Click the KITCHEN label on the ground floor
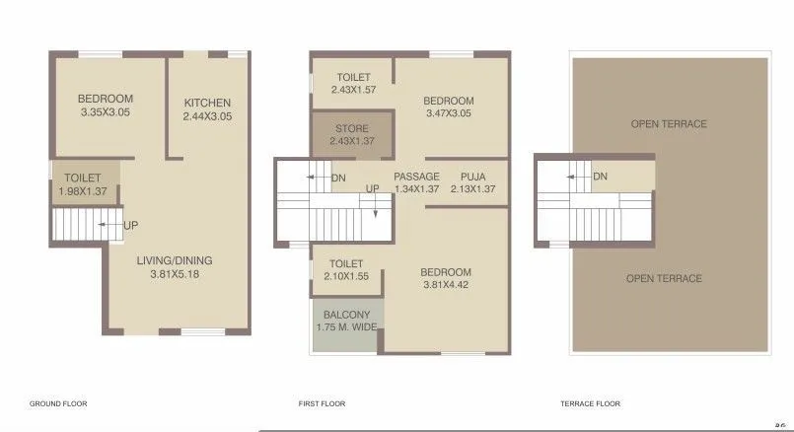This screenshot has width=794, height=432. (207, 103)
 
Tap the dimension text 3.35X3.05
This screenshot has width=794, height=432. (106, 113)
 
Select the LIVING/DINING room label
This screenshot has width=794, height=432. (174, 261)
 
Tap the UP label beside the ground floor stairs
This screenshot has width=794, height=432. (131, 226)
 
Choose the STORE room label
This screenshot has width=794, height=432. (352, 128)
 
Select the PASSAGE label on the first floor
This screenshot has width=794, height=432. (416, 177)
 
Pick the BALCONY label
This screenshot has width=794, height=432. (346, 315)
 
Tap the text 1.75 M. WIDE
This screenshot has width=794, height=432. (346, 327)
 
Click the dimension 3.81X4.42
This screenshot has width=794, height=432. (446, 286)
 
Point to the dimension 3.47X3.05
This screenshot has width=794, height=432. (449, 113)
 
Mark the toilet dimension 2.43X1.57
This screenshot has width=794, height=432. (352, 90)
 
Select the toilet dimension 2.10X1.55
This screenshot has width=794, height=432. (345, 276)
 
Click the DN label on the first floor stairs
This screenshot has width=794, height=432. (338, 179)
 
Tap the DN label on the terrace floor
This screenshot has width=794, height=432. (600, 178)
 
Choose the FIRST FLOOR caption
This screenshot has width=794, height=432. (322, 403)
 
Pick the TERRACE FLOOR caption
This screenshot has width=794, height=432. (590, 403)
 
